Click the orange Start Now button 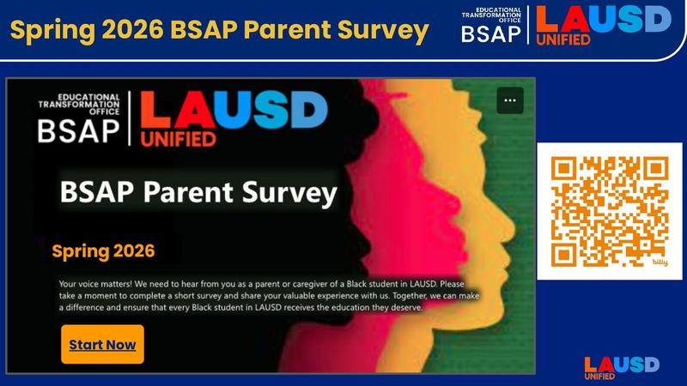102,344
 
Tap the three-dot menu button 509,100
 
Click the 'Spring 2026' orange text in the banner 103,251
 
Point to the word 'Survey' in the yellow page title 380,31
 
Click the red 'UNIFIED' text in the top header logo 562,40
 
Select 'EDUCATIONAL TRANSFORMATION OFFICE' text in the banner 79,100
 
